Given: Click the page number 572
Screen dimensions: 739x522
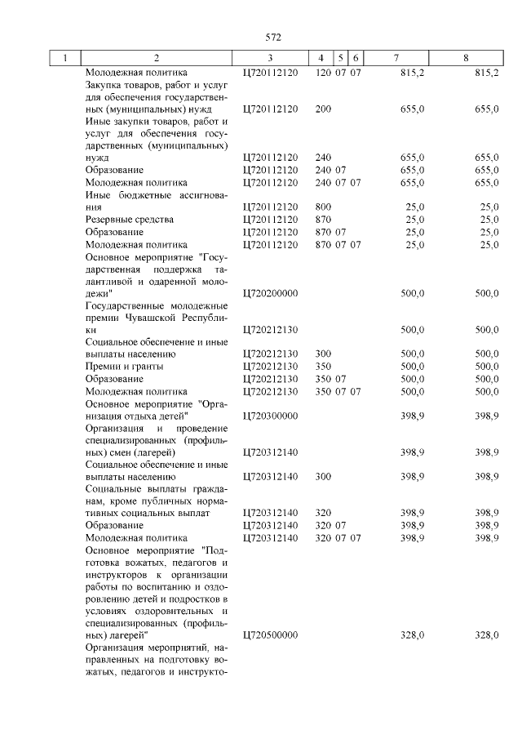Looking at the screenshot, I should point(272,37).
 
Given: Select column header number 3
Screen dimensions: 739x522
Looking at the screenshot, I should point(269,59).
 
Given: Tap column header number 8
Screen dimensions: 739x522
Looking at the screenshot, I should point(465,59).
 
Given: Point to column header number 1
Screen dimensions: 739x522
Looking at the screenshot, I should point(64,59).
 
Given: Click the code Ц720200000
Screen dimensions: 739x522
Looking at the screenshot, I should point(272,292).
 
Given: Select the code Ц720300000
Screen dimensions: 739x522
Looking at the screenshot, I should point(272,416).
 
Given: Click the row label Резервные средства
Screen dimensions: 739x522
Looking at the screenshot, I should point(130,220).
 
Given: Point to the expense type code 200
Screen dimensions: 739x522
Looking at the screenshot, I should point(323,109).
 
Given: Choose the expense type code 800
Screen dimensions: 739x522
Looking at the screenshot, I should point(323,207).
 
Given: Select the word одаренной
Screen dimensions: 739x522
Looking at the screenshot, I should point(173,280).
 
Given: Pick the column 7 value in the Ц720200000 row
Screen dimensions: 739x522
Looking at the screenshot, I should point(414,292).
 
